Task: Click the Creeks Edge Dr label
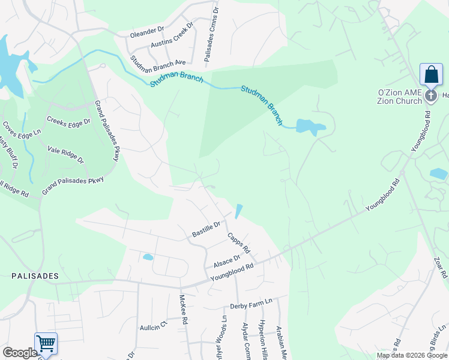pos(68,121)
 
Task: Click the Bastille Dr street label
pos(206,229)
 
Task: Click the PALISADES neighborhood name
pos(35,276)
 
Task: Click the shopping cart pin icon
pos(46,344)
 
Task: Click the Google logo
pos(20,353)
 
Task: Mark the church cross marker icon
pos(430,96)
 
